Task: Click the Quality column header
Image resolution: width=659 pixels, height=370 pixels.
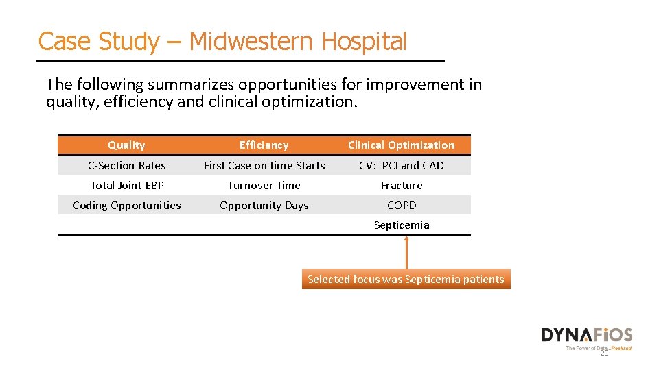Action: tap(126, 145)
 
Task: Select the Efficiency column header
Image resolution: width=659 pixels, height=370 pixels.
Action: tap(264, 145)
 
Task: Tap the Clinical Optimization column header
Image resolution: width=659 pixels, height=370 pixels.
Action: tap(401, 145)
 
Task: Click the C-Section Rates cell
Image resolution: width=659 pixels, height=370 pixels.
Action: tap(127, 165)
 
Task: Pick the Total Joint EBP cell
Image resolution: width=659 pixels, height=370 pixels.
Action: tap(127, 185)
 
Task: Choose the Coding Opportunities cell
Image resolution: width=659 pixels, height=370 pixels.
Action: tap(127, 205)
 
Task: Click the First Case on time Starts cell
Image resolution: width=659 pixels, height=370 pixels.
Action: tap(264, 165)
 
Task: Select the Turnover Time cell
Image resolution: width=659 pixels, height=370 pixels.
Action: tap(264, 185)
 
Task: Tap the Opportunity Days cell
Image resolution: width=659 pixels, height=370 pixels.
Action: tap(264, 205)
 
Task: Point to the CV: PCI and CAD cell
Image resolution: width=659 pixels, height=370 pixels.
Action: tap(402, 165)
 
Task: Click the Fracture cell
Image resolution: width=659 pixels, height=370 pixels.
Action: tap(402, 185)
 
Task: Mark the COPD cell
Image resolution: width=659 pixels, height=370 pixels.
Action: tap(402, 205)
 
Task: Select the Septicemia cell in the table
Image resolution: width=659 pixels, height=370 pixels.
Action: tap(402, 225)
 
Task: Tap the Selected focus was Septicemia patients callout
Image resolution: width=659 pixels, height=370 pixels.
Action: tap(406, 279)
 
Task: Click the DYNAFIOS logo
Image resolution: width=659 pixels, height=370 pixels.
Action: tap(586, 335)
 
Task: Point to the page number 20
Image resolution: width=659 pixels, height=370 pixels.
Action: tap(604, 354)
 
